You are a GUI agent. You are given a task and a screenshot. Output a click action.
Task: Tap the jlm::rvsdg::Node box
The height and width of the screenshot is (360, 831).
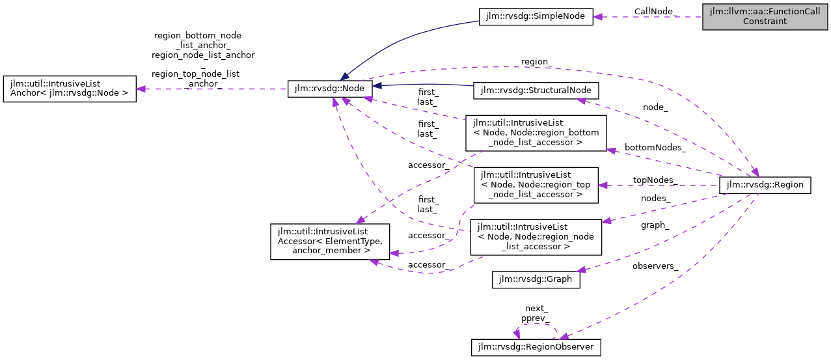pos(330,89)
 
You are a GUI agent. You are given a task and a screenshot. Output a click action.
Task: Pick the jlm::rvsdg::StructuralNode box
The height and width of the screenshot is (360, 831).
pos(536,90)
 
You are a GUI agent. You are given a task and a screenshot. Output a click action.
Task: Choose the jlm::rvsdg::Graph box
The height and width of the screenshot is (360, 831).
pos(535,279)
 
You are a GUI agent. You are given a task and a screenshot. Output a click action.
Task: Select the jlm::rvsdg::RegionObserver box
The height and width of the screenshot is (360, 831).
pos(535,348)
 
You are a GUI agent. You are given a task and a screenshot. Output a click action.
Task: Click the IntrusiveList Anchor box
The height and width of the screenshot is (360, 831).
pos(70,89)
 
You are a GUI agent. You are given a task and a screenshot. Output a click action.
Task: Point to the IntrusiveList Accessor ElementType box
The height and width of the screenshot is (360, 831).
pos(330,242)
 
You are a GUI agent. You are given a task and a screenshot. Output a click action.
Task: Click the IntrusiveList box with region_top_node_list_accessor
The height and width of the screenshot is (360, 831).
pos(536,185)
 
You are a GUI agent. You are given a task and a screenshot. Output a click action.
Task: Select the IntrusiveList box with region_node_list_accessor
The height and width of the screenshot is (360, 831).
pos(536,237)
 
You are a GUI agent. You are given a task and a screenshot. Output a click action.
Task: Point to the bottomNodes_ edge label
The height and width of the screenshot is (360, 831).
pos(655,148)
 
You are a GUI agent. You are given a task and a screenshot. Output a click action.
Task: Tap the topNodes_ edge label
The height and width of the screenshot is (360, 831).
pos(655,180)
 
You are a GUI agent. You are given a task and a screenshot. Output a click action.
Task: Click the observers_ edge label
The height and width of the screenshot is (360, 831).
pos(655,266)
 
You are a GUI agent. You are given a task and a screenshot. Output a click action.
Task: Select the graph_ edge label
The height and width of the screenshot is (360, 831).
pos(655,225)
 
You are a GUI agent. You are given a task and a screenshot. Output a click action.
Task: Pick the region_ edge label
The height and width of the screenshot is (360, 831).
pos(537,62)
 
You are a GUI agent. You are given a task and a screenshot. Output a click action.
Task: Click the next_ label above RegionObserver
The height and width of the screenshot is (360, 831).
pos(536,309)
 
